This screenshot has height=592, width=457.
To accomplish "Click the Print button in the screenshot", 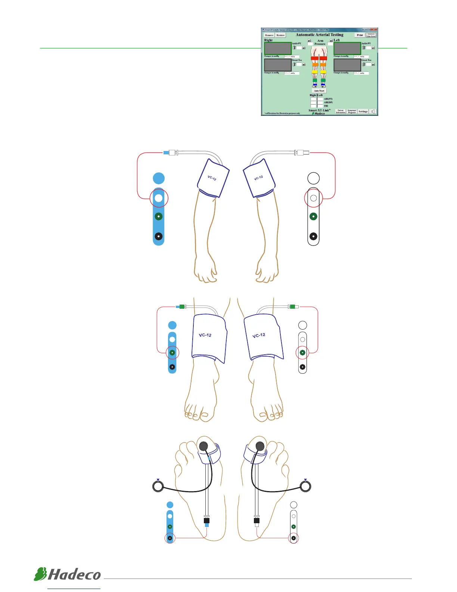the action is point(360,35).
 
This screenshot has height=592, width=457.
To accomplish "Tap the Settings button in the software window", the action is point(363,111).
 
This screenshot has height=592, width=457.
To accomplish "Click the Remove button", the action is point(269,35).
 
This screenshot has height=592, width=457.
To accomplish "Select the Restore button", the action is point(280,35).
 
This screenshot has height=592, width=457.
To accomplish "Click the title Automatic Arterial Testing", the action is point(320,35).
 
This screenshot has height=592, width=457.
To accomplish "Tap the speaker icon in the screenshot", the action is point(373,111).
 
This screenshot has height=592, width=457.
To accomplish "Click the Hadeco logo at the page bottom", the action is point(68,574).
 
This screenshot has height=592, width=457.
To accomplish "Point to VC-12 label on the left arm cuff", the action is point(212,178).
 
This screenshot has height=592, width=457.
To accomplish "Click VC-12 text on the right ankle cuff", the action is point(259,335).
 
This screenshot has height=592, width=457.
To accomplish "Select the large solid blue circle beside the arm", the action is point(159,178).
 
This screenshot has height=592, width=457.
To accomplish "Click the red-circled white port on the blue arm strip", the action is point(159,198).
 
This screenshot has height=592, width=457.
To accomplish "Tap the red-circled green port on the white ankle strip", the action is point(303,352).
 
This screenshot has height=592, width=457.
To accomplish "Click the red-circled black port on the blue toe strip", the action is point(170,538).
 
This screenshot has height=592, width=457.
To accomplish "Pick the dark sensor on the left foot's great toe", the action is point(203,446).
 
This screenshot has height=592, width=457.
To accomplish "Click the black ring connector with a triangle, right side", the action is point(306,486).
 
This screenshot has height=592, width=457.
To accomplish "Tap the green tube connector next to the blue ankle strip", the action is point(182,307).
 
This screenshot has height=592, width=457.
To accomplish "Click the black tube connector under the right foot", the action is point(257,520).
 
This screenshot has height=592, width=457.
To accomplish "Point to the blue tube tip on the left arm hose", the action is point(166,152).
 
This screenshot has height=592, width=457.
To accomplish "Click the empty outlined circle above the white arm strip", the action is point(314,178).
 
